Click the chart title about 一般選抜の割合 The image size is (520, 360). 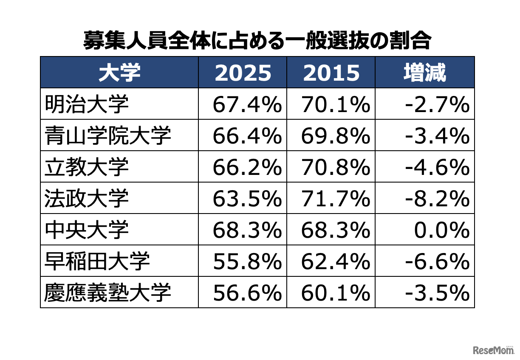(x=257, y=41)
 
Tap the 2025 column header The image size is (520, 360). (x=243, y=73)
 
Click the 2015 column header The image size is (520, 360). (x=331, y=73)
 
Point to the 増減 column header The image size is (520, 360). (x=424, y=73)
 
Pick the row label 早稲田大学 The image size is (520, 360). (x=97, y=261)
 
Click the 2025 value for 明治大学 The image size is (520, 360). (x=247, y=104)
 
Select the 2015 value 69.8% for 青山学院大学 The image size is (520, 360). (x=335, y=135)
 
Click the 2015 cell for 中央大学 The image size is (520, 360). (x=335, y=230)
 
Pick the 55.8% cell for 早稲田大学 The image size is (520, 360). (x=247, y=261)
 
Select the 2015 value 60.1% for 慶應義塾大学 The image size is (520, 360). (x=335, y=292)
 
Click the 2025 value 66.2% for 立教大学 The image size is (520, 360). (x=247, y=167)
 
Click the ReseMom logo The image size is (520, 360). (x=493, y=349)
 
